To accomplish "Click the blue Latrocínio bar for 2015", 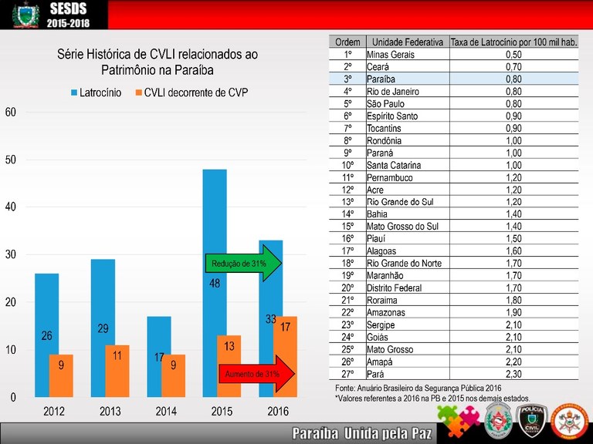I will (215, 231).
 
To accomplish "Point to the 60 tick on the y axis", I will (10, 112).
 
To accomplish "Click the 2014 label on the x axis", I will (166, 412).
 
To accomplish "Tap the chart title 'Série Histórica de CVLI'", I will (158, 62).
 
